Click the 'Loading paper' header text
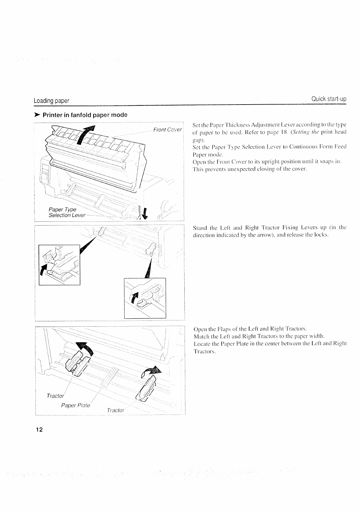[51, 101]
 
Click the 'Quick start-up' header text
[329, 99]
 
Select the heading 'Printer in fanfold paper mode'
[85, 115]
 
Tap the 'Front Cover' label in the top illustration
[167, 130]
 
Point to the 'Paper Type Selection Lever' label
[66, 212]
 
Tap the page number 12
[39, 430]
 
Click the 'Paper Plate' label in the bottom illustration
[76, 405]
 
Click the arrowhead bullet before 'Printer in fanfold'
[37, 115]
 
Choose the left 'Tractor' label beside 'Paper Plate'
[55, 396]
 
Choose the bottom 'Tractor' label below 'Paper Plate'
[115, 410]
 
